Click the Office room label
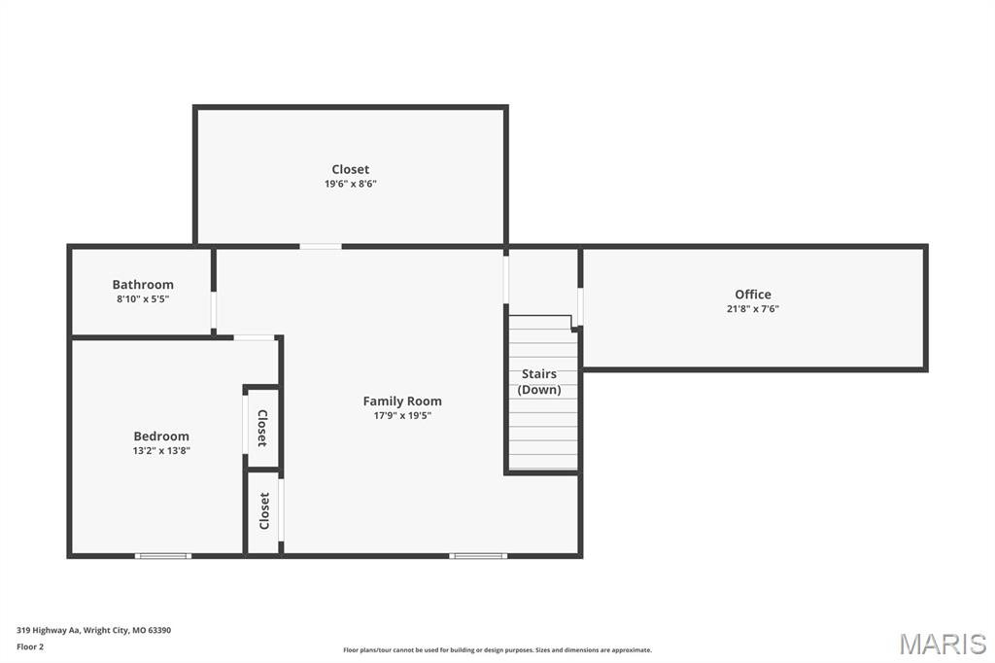pyautogui.click(x=752, y=295)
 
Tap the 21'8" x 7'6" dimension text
pyautogui.click(x=752, y=309)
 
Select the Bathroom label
pyautogui.click(x=143, y=285)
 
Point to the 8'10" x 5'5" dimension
pyautogui.click(x=143, y=299)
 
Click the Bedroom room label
pyautogui.click(x=161, y=436)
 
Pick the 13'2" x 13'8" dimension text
pyautogui.click(x=161, y=451)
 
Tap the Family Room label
pyautogui.click(x=402, y=401)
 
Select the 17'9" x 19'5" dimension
pyautogui.click(x=402, y=415)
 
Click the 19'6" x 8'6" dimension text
pyautogui.click(x=350, y=184)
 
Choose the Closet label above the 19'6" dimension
pyautogui.click(x=350, y=169)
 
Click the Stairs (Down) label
pyautogui.click(x=539, y=381)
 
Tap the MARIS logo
pyautogui.click(x=943, y=644)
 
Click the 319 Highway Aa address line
pyautogui.click(x=94, y=630)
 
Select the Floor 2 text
pyautogui.click(x=30, y=646)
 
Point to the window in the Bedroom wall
pyautogui.click(x=162, y=556)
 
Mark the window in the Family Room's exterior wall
pyautogui.click(x=478, y=556)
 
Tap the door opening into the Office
pyautogui.click(x=580, y=306)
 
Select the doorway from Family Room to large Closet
pyautogui.click(x=321, y=246)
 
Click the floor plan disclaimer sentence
pyautogui.click(x=497, y=650)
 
